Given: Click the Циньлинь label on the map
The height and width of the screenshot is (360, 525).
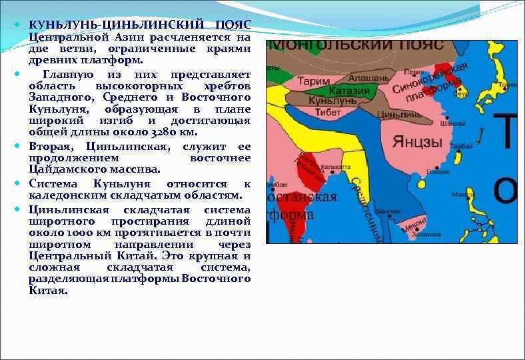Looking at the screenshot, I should [381, 114].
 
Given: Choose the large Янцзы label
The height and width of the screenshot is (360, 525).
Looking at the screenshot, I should [417, 142].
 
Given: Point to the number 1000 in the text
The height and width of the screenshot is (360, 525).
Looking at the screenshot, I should [68, 233].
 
